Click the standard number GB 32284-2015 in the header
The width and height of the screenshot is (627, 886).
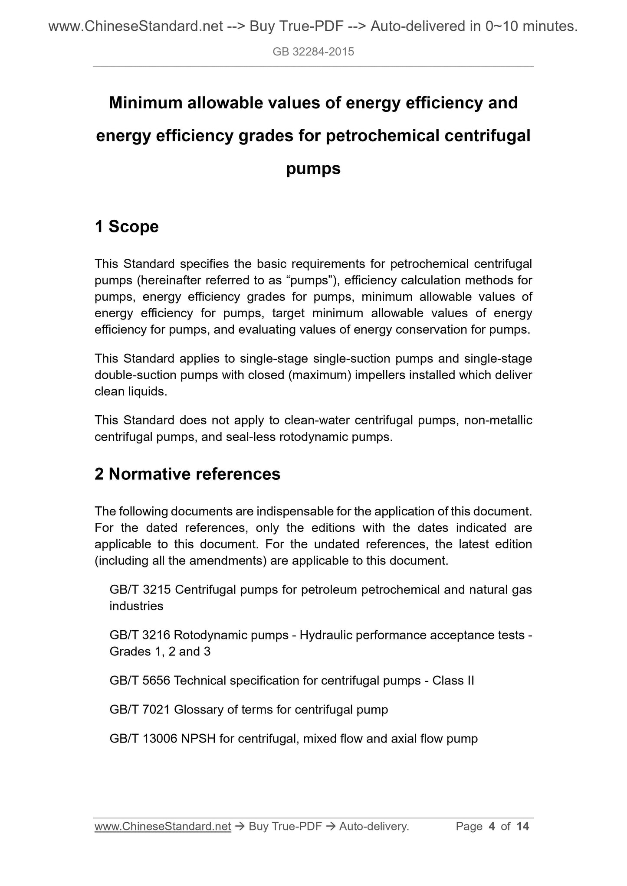[313, 52]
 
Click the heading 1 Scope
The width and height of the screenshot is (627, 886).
[127, 227]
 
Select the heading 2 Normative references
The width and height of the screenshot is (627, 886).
[187, 474]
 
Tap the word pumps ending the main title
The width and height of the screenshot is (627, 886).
[313, 169]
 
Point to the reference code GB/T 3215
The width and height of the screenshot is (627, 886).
[140, 590]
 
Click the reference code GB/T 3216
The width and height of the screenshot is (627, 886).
[140, 635]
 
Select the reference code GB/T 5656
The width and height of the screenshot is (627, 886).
[140, 681]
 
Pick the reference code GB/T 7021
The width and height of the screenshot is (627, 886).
[140, 710]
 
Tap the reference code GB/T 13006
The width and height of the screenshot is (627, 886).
[144, 739]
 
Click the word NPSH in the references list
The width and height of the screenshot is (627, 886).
[198, 739]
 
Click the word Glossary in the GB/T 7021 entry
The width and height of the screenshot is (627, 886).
[197, 710]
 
